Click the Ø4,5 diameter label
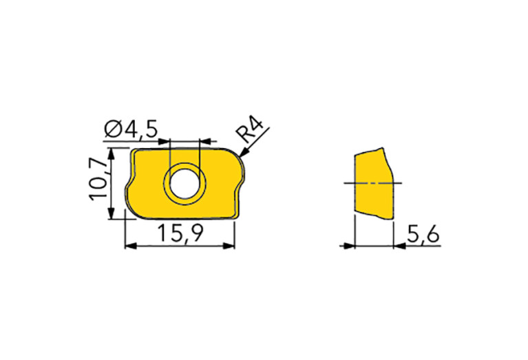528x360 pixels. [x=131, y=129]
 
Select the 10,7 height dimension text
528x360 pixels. [x=99, y=180]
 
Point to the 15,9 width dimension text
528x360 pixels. [x=180, y=233]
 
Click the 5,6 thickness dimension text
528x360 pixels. [x=423, y=235]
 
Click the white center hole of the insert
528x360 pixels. [x=184, y=184]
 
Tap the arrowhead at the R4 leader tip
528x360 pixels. [x=244, y=153]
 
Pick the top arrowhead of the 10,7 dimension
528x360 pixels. [x=111, y=153]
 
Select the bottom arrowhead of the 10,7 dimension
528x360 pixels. [x=111, y=213]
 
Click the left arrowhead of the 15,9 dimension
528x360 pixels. [x=131, y=246]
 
